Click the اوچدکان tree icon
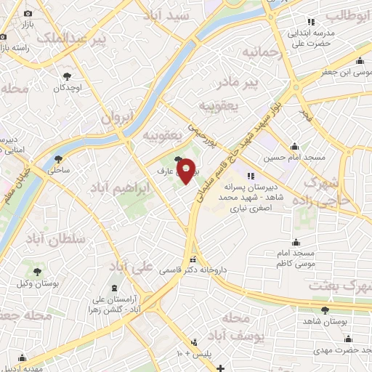[x=68, y=76]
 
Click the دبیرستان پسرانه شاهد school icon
[x=251, y=175]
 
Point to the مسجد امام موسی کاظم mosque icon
[x=296, y=241]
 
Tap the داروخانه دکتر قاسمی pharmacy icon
[x=193, y=259]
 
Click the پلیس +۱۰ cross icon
[x=193, y=342]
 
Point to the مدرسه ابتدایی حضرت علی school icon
[x=311, y=20]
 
